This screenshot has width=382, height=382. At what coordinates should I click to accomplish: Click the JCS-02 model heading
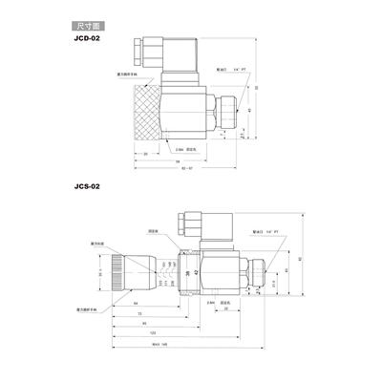pos(85,188)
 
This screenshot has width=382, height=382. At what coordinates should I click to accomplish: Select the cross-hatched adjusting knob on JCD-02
pos(138,115)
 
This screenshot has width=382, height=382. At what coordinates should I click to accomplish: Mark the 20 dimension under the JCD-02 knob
pos(145,153)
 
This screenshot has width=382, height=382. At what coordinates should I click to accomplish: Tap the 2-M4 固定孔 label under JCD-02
pos(186,149)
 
